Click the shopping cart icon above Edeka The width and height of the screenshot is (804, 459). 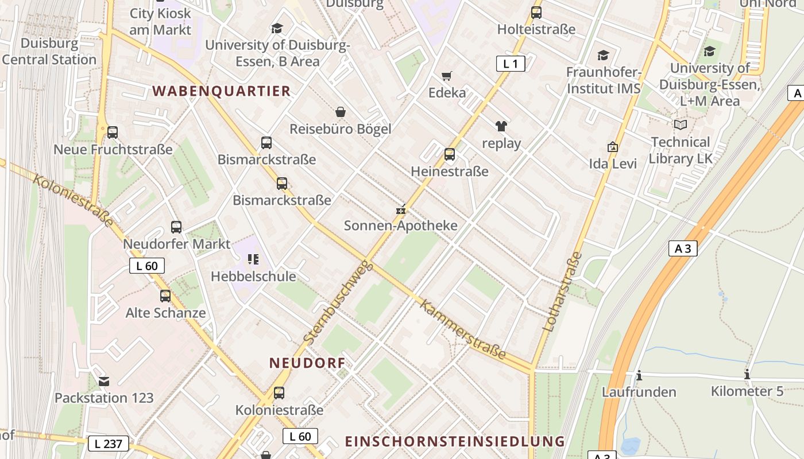(x=446, y=76)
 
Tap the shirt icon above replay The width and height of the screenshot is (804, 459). (x=501, y=126)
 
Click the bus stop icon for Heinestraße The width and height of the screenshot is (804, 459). (x=450, y=154)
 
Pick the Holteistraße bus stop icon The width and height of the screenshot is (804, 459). (x=536, y=12)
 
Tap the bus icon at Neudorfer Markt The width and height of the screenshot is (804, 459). (x=176, y=227)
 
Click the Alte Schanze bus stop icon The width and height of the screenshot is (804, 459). (x=165, y=295)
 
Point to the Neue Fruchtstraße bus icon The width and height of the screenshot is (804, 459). (x=113, y=132)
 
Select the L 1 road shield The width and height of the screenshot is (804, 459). (x=511, y=64)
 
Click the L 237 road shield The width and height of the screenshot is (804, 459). (x=109, y=444)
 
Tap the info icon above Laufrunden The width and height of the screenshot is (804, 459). (x=639, y=375)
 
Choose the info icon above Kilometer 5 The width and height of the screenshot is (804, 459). (x=747, y=374)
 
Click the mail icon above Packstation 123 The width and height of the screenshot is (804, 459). (x=104, y=381)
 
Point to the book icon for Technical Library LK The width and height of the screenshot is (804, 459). (x=681, y=125)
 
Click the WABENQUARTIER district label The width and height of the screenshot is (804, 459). (x=222, y=91)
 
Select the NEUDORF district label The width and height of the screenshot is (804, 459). (x=307, y=363)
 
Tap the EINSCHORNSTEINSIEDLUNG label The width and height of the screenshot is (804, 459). (x=455, y=441)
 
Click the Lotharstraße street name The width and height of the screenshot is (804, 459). (x=562, y=292)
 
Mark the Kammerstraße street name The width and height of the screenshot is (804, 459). (x=463, y=329)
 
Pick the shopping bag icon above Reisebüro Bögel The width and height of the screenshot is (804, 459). (x=341, y=111)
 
